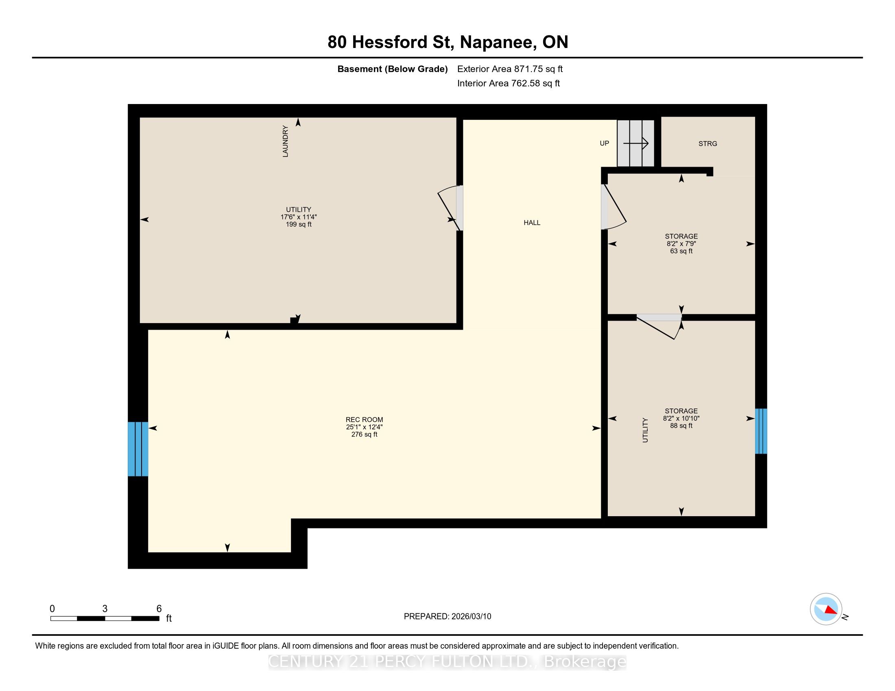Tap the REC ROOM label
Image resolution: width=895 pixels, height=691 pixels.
pos(365,419)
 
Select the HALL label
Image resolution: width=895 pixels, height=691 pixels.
pos(532,223)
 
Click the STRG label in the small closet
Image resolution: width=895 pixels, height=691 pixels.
pos(708,143)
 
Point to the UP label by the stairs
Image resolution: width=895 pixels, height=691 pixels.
pos(605,143)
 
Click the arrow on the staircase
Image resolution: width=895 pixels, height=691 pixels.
pos(635,143)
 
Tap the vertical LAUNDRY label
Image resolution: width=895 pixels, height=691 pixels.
pos(286,141)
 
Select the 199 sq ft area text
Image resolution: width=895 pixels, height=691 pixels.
pos(299,224)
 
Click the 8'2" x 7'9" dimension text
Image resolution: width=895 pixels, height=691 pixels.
pos(681,243)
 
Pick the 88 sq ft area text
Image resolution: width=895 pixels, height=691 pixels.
pos(681,426)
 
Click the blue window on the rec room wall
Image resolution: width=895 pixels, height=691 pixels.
pos(138,449)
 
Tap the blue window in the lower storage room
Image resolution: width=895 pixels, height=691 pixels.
pos(761,431)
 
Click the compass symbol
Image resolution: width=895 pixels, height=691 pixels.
pos(826,609)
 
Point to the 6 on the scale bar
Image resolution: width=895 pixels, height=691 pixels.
pos(159,609)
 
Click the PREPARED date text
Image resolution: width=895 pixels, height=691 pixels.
pos(447,617)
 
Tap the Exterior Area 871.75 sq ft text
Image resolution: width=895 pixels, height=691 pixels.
pos(510,69)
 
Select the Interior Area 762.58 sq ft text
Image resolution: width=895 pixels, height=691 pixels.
pos(509,83)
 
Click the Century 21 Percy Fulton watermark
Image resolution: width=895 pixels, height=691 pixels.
pos(447,662)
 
